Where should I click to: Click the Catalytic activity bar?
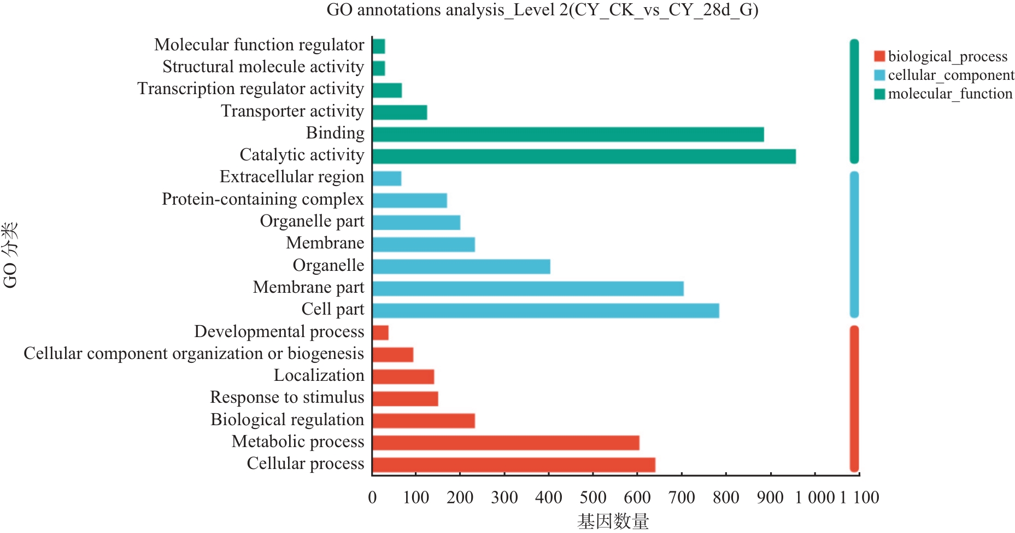(x=584, y=157)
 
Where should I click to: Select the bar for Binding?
(x=568, y=134)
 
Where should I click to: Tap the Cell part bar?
(x=545, y=310)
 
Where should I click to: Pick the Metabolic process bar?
(x=506, y=443)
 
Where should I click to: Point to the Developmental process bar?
(x=380, y=333)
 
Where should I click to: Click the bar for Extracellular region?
(x=386, y=178)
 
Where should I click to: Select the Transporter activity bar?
(x=400, y=112)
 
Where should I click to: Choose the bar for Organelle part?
(x=416, y=222)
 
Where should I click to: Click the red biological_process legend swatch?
(x=879, y=56)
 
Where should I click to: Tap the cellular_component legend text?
(x=951, y=75)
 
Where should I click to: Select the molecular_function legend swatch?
(x=879, y=94)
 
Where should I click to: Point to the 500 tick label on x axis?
(x=592, y=497)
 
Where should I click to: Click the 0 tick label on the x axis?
(x=372, y=497)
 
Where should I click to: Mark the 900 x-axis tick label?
(x=770, y=497)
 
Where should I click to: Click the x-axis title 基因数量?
(x=613, y=521)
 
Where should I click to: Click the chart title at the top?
(x=542, y=10)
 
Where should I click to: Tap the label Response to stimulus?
(x=287, y=397)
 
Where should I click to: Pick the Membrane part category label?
(x=308, y=287)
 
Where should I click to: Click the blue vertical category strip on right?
(x=854, y=244)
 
